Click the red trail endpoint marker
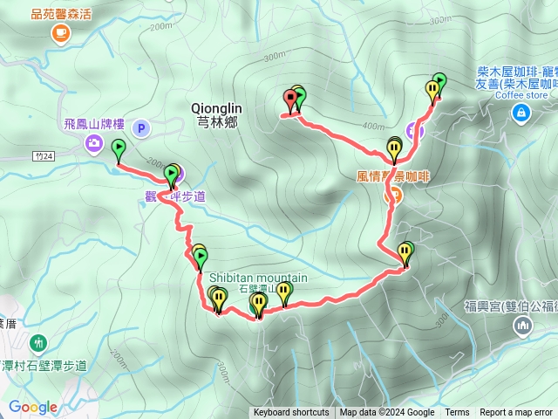289,99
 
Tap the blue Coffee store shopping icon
521,112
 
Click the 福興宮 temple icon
523,326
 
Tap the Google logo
32,407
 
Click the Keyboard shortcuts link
291,413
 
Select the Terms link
457,413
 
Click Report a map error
516,413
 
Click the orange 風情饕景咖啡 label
394,176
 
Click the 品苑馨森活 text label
61,14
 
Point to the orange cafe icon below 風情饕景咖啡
391,196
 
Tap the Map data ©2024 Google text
386,413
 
